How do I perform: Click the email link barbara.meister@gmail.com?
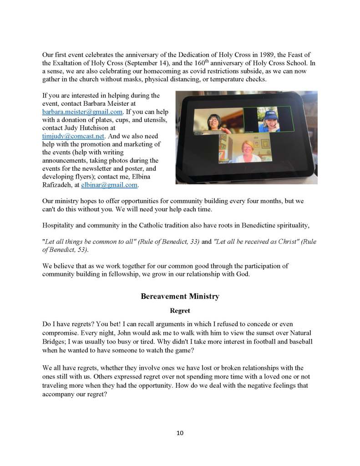tap(82, 112)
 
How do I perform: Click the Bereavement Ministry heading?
tap(180, 297)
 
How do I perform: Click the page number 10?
tap(180, 433)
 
